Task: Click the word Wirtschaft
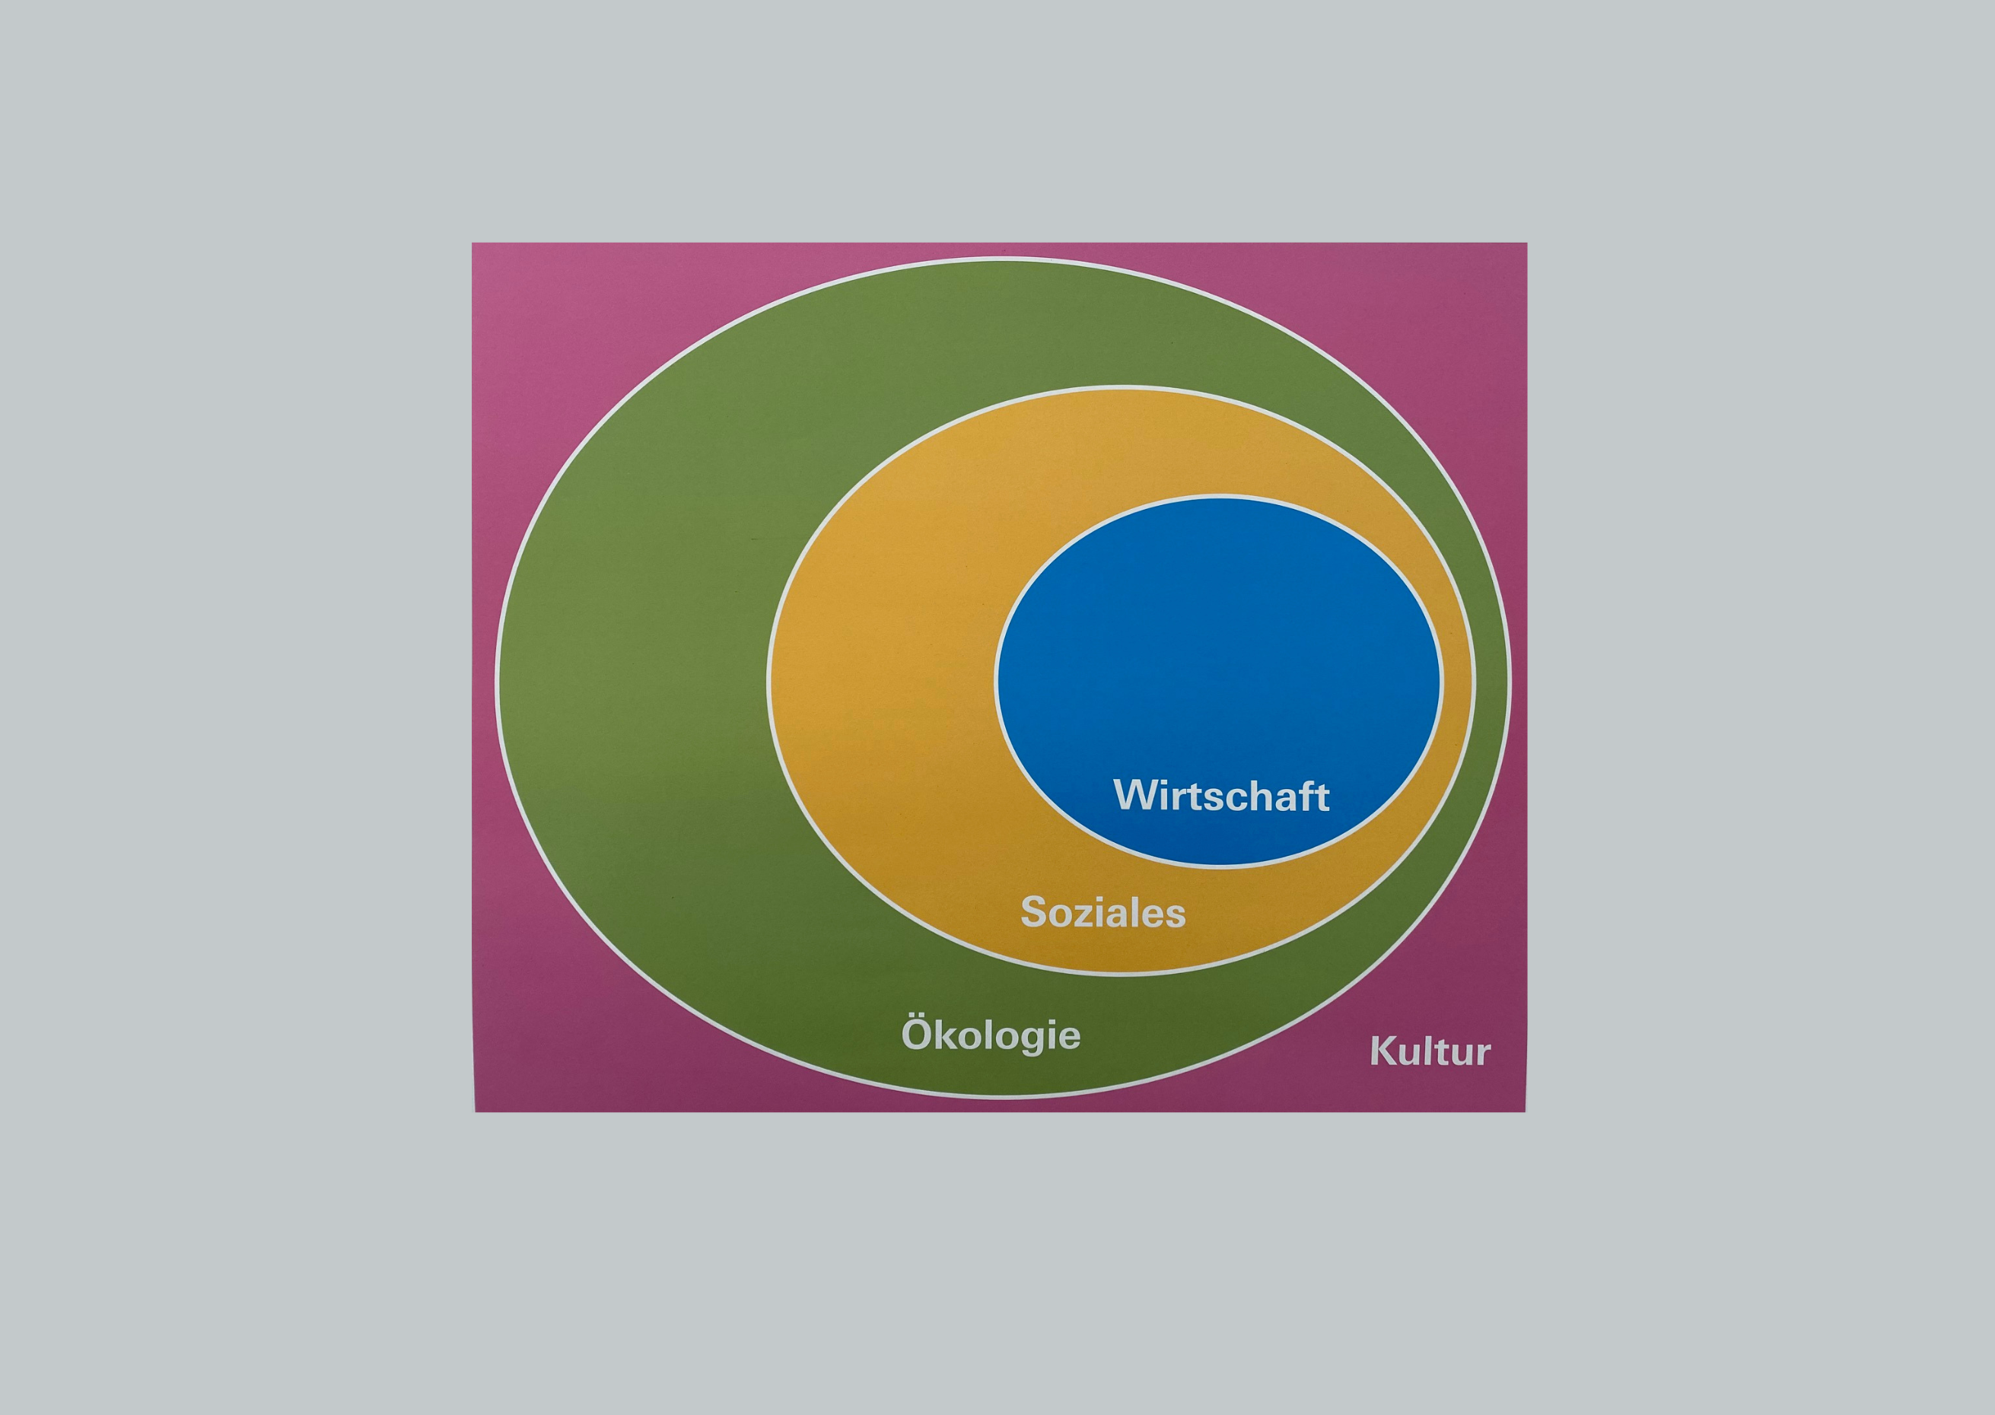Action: pyautogui.click(x=1220, y=796)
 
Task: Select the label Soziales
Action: pyautogui.click(x=1103, y=913)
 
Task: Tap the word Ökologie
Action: pyautogui.click(x=991, y=1036)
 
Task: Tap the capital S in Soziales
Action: pyautogui.click(x=1034, y=913)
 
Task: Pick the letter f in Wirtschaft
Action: pyautogui.click(x=1308, y=795)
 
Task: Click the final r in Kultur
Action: pyautogui.click(x=1483, y=1055)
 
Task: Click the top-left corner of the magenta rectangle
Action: pyautogui.click(x=473, y=243)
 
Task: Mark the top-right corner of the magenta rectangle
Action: pyautogui.click(x=1526, y=243)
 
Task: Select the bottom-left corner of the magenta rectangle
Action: pyautogui.click(x=475, y=1111)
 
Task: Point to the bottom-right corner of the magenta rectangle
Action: pyautogui.click(x=1525, y=1111)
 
